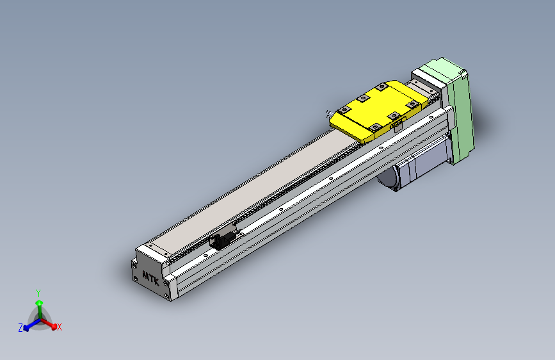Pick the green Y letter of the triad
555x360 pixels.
pyautogui.click(x=38, y=293)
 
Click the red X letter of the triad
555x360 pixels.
pyautogui.click(x=60, y=327)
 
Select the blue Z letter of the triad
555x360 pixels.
pyautogui.click(x=20, y=328)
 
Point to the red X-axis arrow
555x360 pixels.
pyautogui.click(x=51, y=323)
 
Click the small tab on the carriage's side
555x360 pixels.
pyautogui.click(x=394, y=126)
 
